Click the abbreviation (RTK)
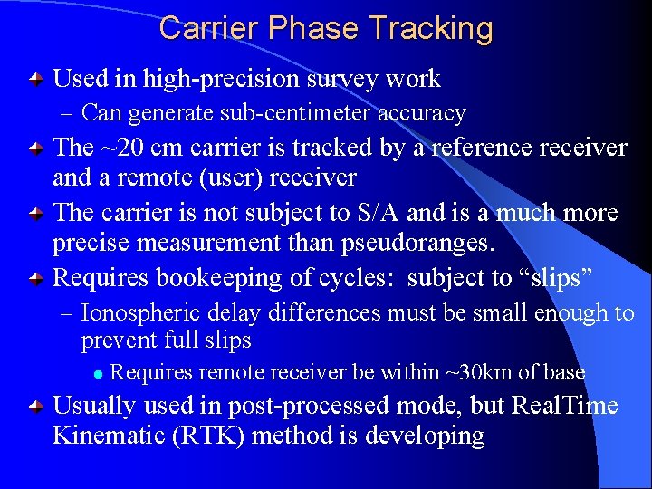pyautogui.click(x=215, y=436)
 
